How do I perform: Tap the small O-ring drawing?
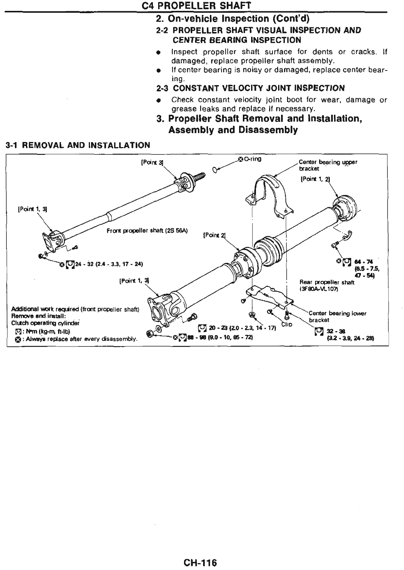click(x=215, y=169)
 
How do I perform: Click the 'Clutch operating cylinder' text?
click(x=45, y=323)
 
